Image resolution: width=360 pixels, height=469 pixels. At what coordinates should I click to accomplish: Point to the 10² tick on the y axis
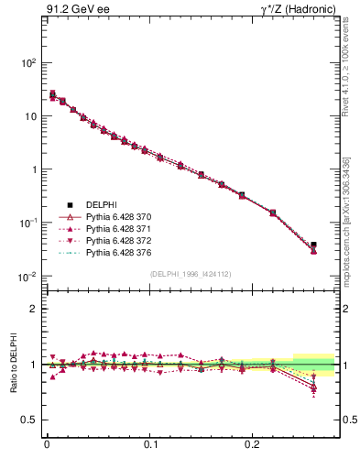[x=29, y=63]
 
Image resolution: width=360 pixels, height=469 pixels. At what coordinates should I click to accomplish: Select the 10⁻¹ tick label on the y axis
[x=28, y=224]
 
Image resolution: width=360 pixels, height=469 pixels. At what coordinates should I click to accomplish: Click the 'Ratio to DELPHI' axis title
[x=14, y=363]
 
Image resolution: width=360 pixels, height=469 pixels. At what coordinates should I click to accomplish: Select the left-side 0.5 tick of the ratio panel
[x=30, y=420]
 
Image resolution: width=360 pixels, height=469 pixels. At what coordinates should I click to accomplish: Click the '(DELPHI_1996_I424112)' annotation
[x=190, y=274]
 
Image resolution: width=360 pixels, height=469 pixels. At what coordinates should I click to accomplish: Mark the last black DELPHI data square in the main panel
[x=313, y=245]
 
